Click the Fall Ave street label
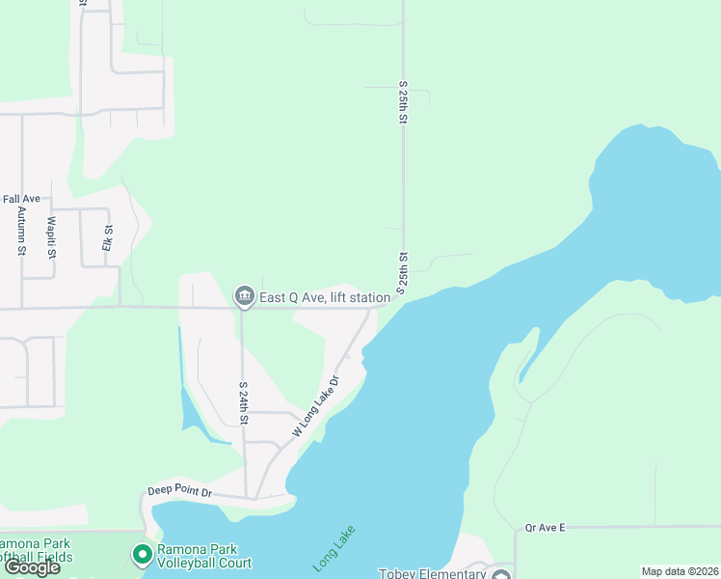coord(20,199)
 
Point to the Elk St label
coord(108,238)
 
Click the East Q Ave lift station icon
coord(244,295)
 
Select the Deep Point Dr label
coord(180,492)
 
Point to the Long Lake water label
coord(334,547)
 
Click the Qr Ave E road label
coord(545,528)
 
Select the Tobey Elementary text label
coord(431,574)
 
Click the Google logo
coord(32,566)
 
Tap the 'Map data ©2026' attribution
coord(680,571)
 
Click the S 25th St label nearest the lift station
coord(403,274)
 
